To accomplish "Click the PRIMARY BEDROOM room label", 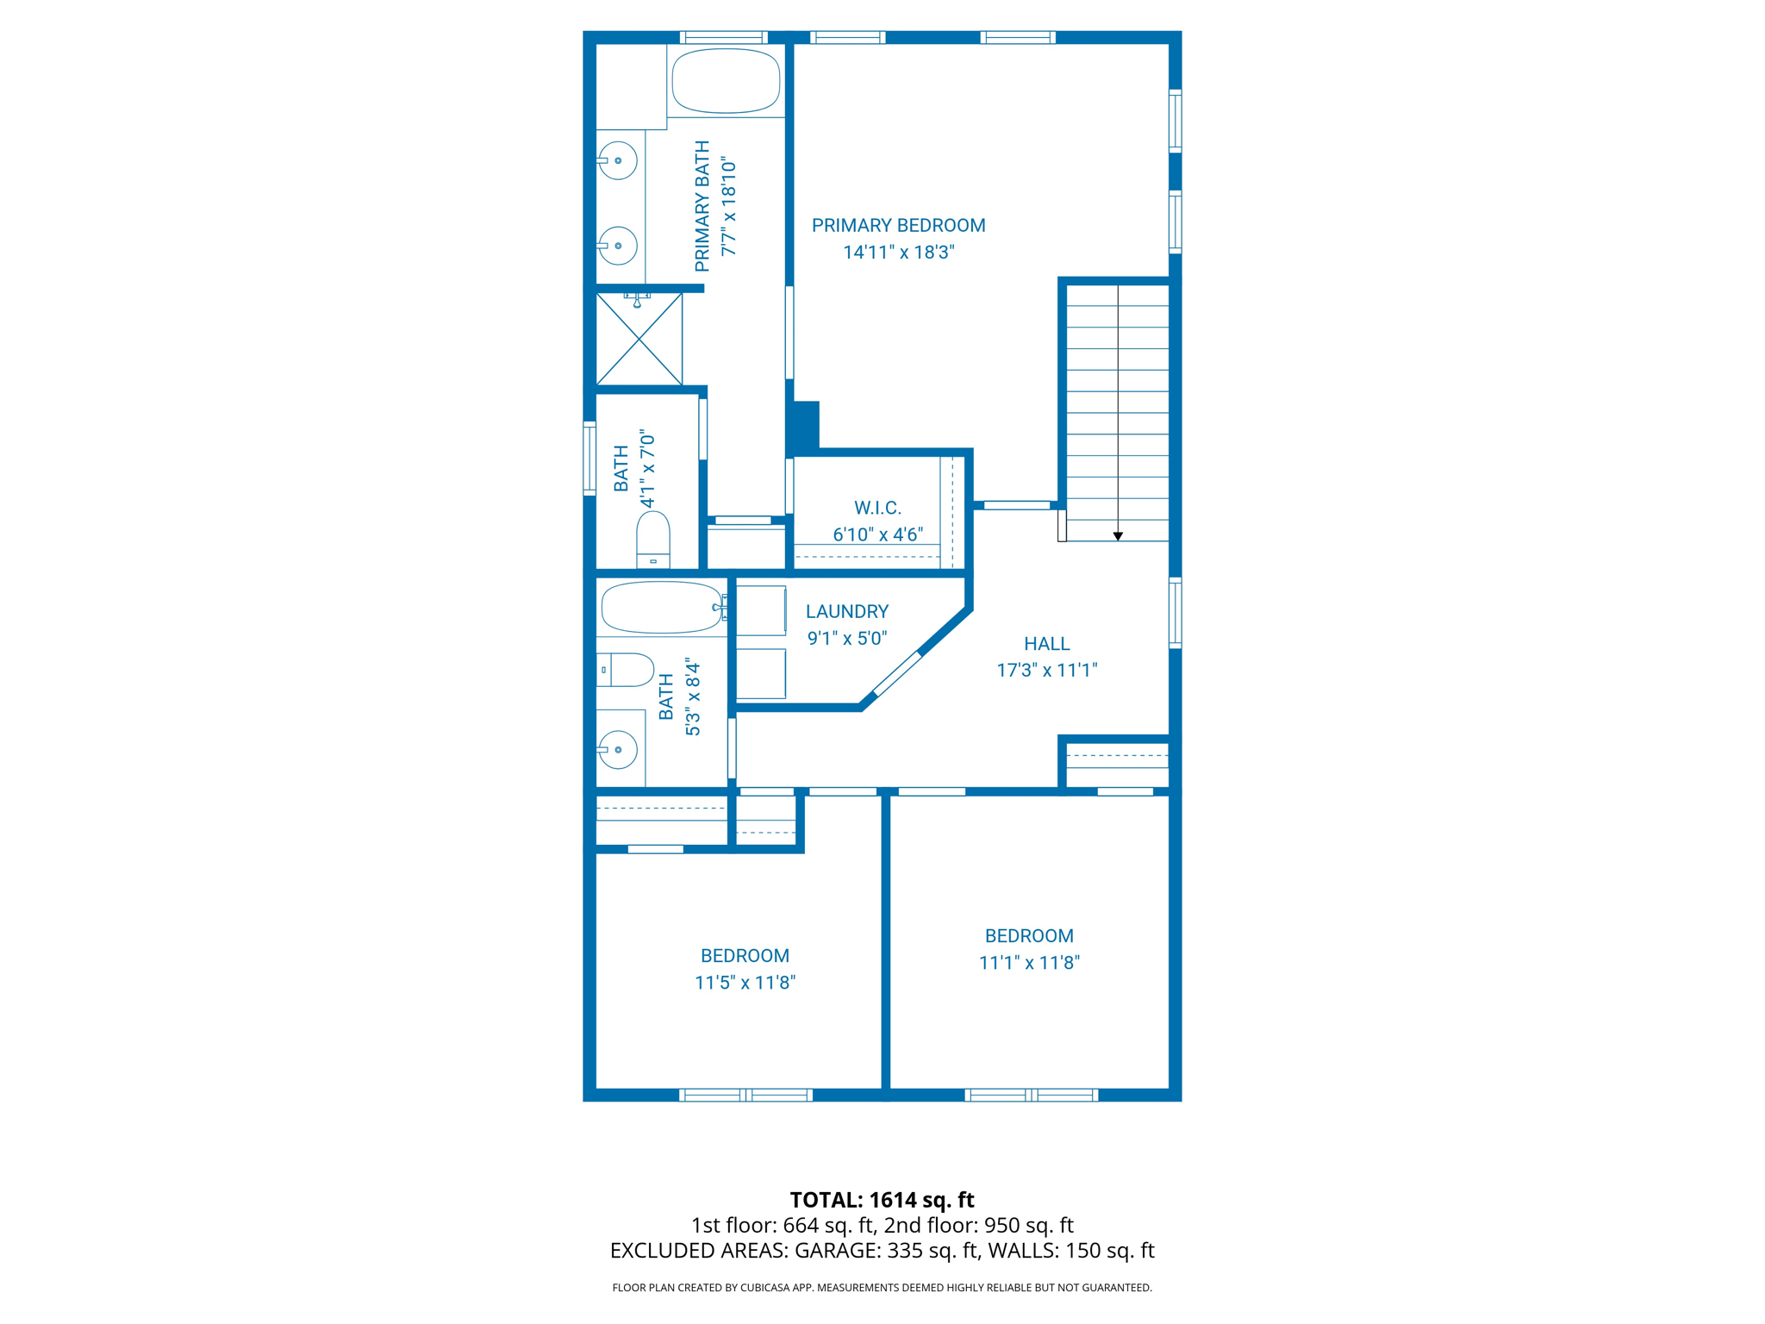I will pos(898,226).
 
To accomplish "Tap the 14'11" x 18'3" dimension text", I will pos(898,253).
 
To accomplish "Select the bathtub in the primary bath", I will pos(726,81).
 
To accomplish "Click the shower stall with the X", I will pos(639,340).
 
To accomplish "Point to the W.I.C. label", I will pos(877,508).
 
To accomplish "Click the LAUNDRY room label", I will pos(846,612).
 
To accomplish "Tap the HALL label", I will pos(1046,644).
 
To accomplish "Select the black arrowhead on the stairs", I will pos(1118,536).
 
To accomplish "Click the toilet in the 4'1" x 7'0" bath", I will pos(653,539).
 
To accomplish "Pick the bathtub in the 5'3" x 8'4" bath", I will pos(662,608).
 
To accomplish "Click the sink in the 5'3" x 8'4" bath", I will pos(618,749).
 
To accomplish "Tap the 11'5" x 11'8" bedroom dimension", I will pos(745,983).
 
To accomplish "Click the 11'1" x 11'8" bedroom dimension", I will pos(1029,963).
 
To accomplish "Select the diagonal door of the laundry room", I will pos(897,673).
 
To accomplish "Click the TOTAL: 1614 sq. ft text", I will pos(882,1200).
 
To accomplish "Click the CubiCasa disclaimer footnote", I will pos(882,1288).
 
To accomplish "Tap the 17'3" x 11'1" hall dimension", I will pos(1046,671).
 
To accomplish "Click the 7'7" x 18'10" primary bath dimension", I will pos(729,207).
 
